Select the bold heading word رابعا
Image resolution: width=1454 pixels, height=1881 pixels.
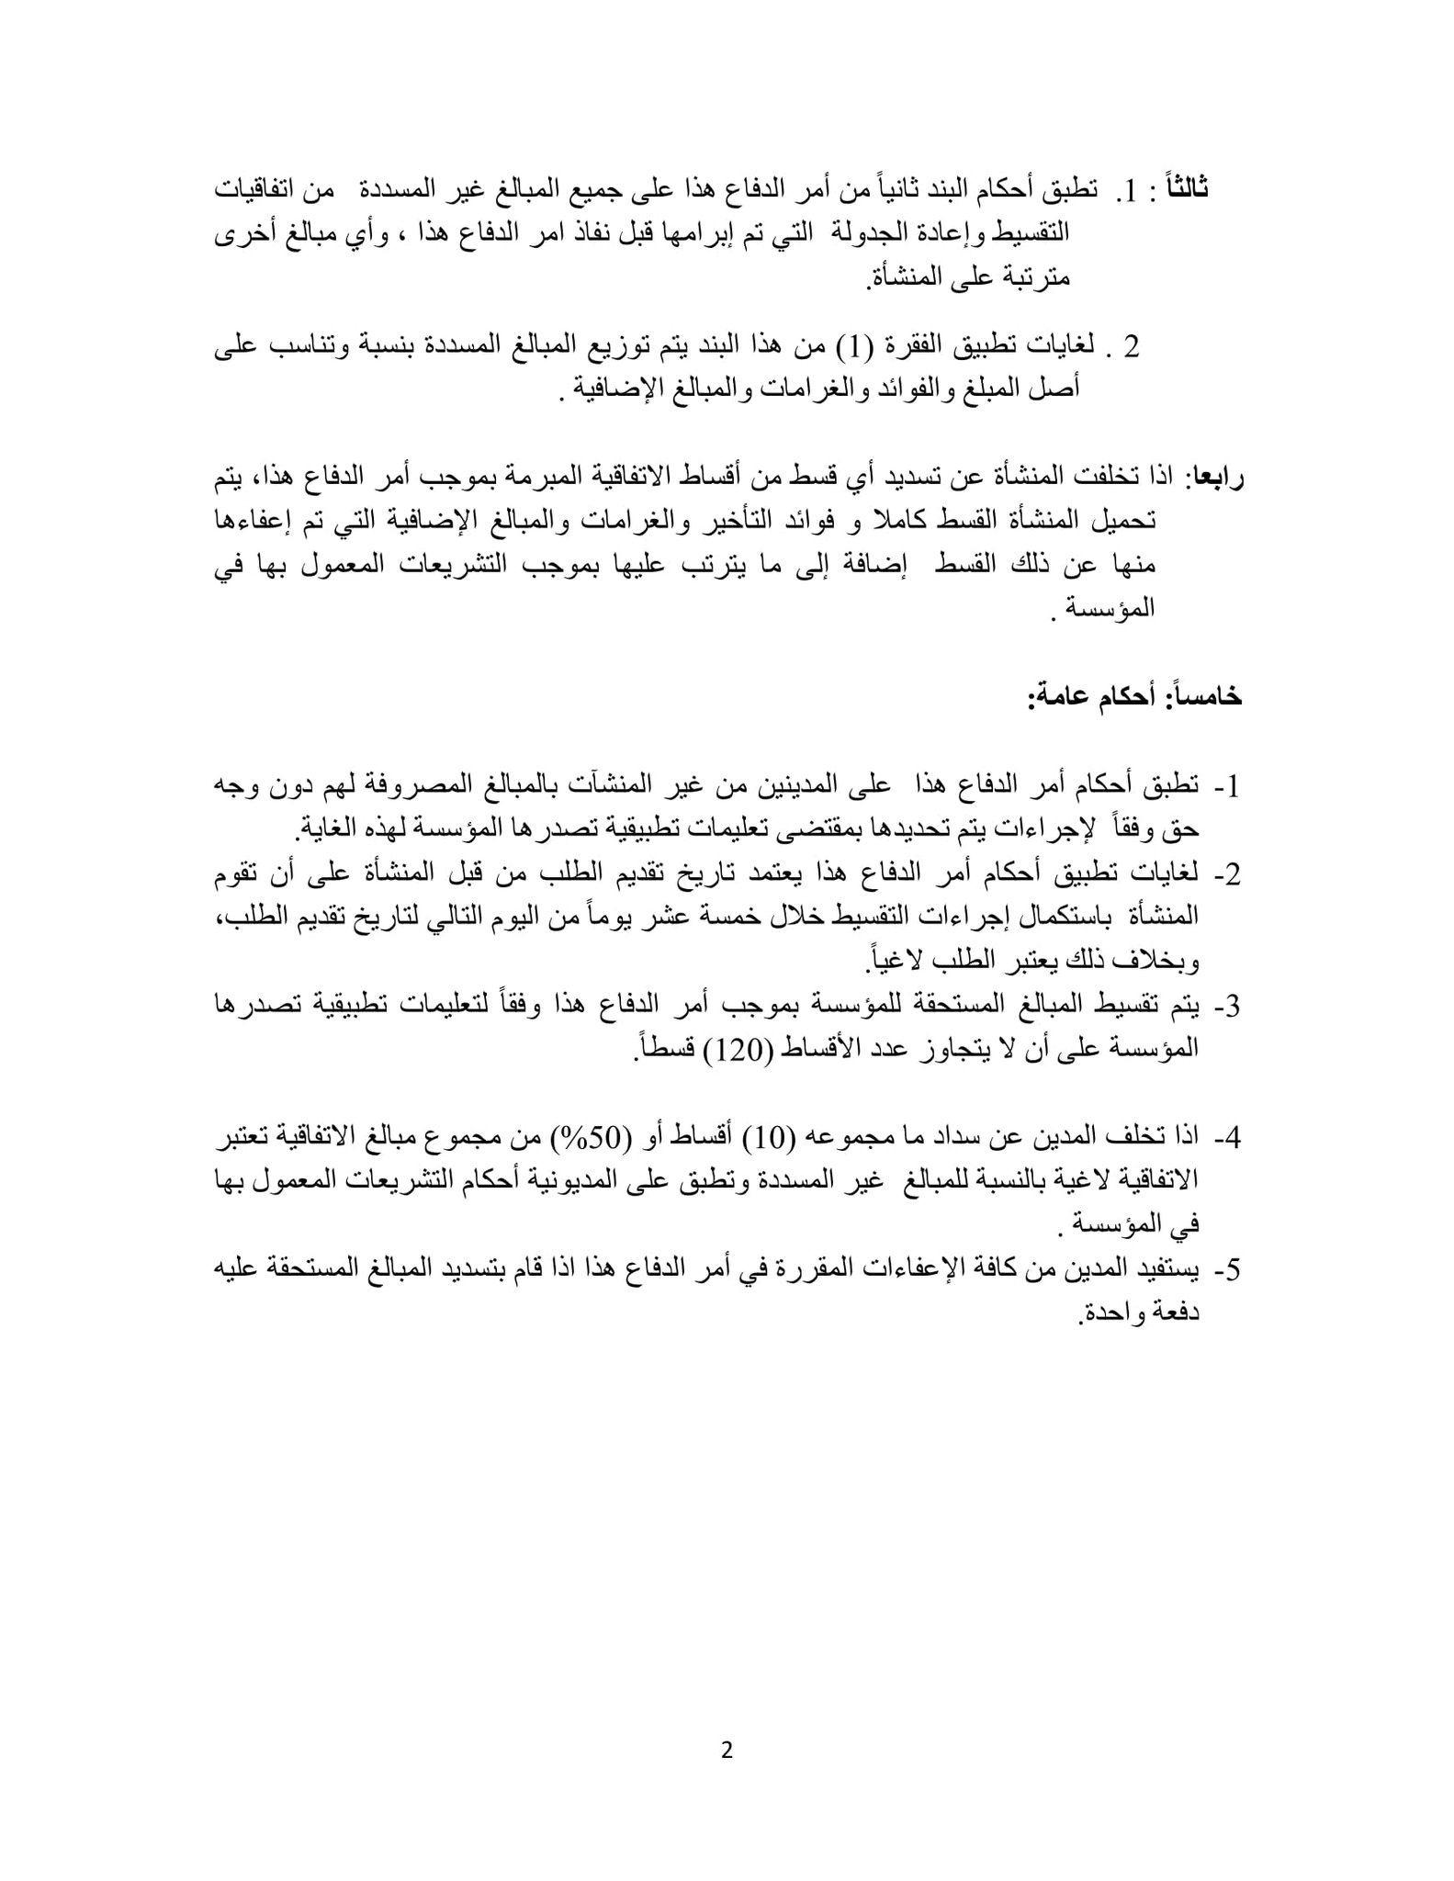[1214, 477]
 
